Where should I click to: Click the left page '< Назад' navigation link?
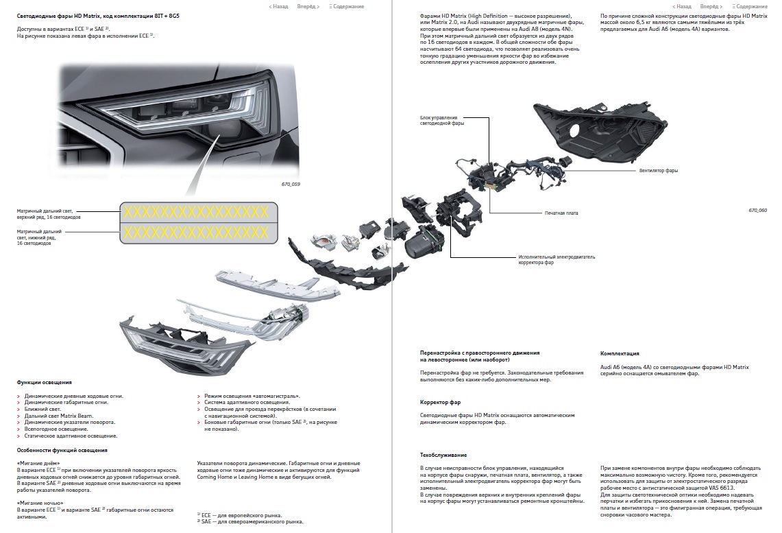pos(278,6)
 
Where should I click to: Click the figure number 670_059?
pos(291,184)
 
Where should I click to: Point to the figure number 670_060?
pos(757,211)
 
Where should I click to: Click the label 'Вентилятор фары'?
pos(659,171)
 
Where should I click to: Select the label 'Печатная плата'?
pos(561,213)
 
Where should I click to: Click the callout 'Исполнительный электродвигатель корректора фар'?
pos(557,259)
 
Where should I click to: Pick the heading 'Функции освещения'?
pos(45,382)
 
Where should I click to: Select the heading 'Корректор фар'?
pos(441,402)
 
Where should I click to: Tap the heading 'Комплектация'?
pos(620,353)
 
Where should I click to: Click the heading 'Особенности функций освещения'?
pos(62,450)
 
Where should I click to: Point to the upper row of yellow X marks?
pos(196,212)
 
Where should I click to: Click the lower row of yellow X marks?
pos(196,232)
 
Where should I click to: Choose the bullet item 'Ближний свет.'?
pos(42,410)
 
